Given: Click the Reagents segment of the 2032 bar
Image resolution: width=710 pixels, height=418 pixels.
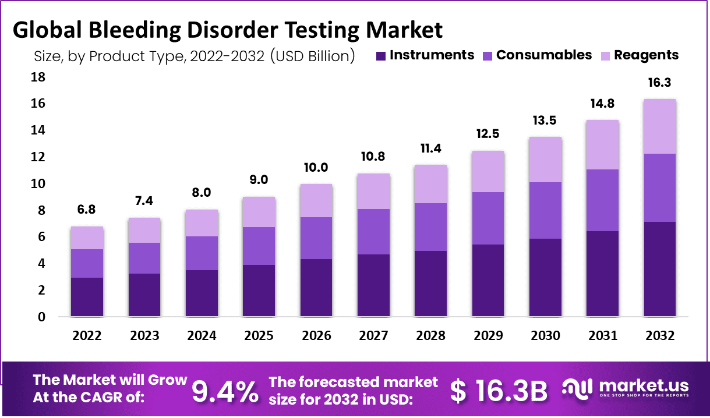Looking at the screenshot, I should click(659, 126).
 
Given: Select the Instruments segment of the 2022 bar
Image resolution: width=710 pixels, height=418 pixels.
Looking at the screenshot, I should click(87, 297).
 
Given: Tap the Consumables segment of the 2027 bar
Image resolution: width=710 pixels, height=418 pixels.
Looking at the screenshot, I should click(373, 232).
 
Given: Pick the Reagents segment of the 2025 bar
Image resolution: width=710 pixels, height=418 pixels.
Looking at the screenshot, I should click(259, 212).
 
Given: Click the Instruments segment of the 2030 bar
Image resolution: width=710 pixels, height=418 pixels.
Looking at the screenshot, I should click(545, 277).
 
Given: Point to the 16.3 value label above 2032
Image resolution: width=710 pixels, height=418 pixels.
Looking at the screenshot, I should click(659, 83).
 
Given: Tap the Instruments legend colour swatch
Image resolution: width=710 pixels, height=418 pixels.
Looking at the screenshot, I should click(381, 56).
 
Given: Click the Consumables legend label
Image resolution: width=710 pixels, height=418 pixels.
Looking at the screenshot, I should click(544, 55).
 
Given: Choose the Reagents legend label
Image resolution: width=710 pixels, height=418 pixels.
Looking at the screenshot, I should click(646, 55).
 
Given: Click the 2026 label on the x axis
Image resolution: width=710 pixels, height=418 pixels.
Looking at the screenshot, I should click(316, 336).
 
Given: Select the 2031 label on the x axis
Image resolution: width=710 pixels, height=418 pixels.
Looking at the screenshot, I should click(602, 336).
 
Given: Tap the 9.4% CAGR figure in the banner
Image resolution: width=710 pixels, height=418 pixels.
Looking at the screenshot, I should click(225, 391).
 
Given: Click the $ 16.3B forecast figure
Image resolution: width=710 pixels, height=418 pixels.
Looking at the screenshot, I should click(499, 391).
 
